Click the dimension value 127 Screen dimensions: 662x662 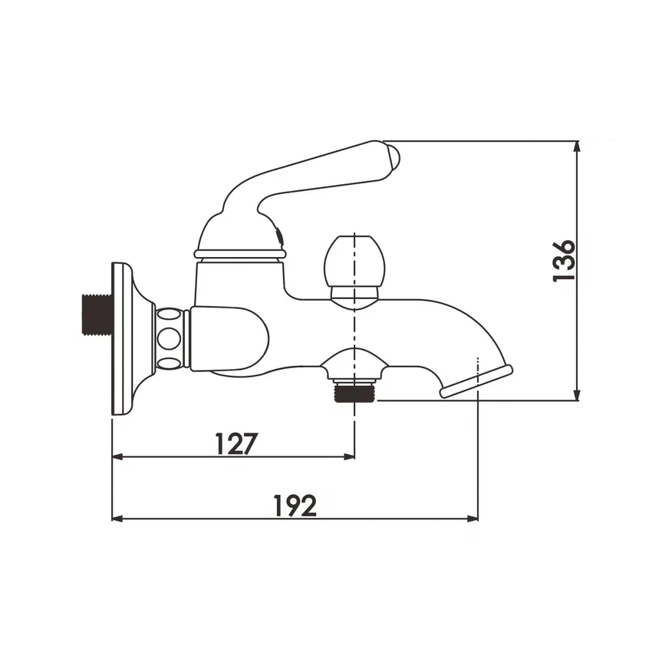tap(236, 443)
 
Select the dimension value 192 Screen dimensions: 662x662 tap(295, 506)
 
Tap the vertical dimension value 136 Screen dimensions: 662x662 tap(564, 261)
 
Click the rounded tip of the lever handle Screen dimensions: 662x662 tap(391, 158)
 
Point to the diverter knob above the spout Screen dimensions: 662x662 tap(354, 261)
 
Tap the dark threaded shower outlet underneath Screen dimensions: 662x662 tap(354, 393)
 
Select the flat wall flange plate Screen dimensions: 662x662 tap(123, 339)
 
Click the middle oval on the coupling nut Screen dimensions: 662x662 tap(169, 338)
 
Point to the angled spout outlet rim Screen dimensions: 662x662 tap(476, 382)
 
